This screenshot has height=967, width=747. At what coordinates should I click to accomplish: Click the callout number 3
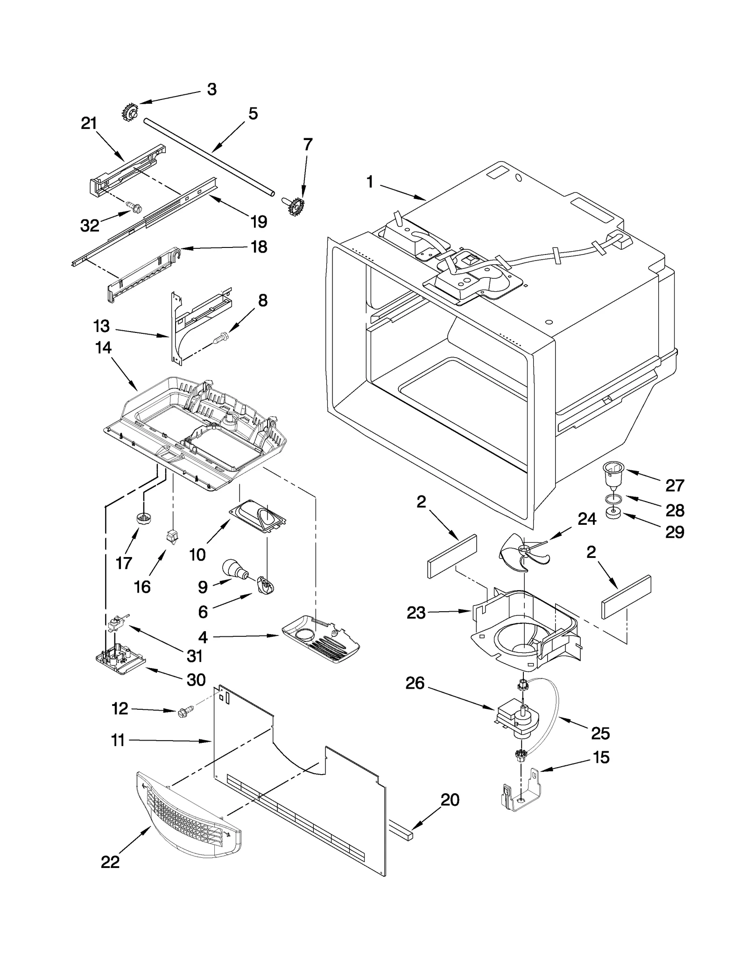(x=211, y=89)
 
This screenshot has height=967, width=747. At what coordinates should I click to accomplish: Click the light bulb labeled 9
(x=235, y=569)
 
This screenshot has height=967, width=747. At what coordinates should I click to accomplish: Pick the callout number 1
(x=370, y=182)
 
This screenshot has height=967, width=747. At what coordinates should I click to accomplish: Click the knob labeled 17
(x=142, y=518)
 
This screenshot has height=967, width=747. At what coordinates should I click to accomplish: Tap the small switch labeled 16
(x=171, y=537)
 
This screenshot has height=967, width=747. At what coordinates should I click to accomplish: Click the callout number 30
(x=196, y=679)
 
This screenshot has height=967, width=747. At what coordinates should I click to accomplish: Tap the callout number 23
(x=416, y=612)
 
